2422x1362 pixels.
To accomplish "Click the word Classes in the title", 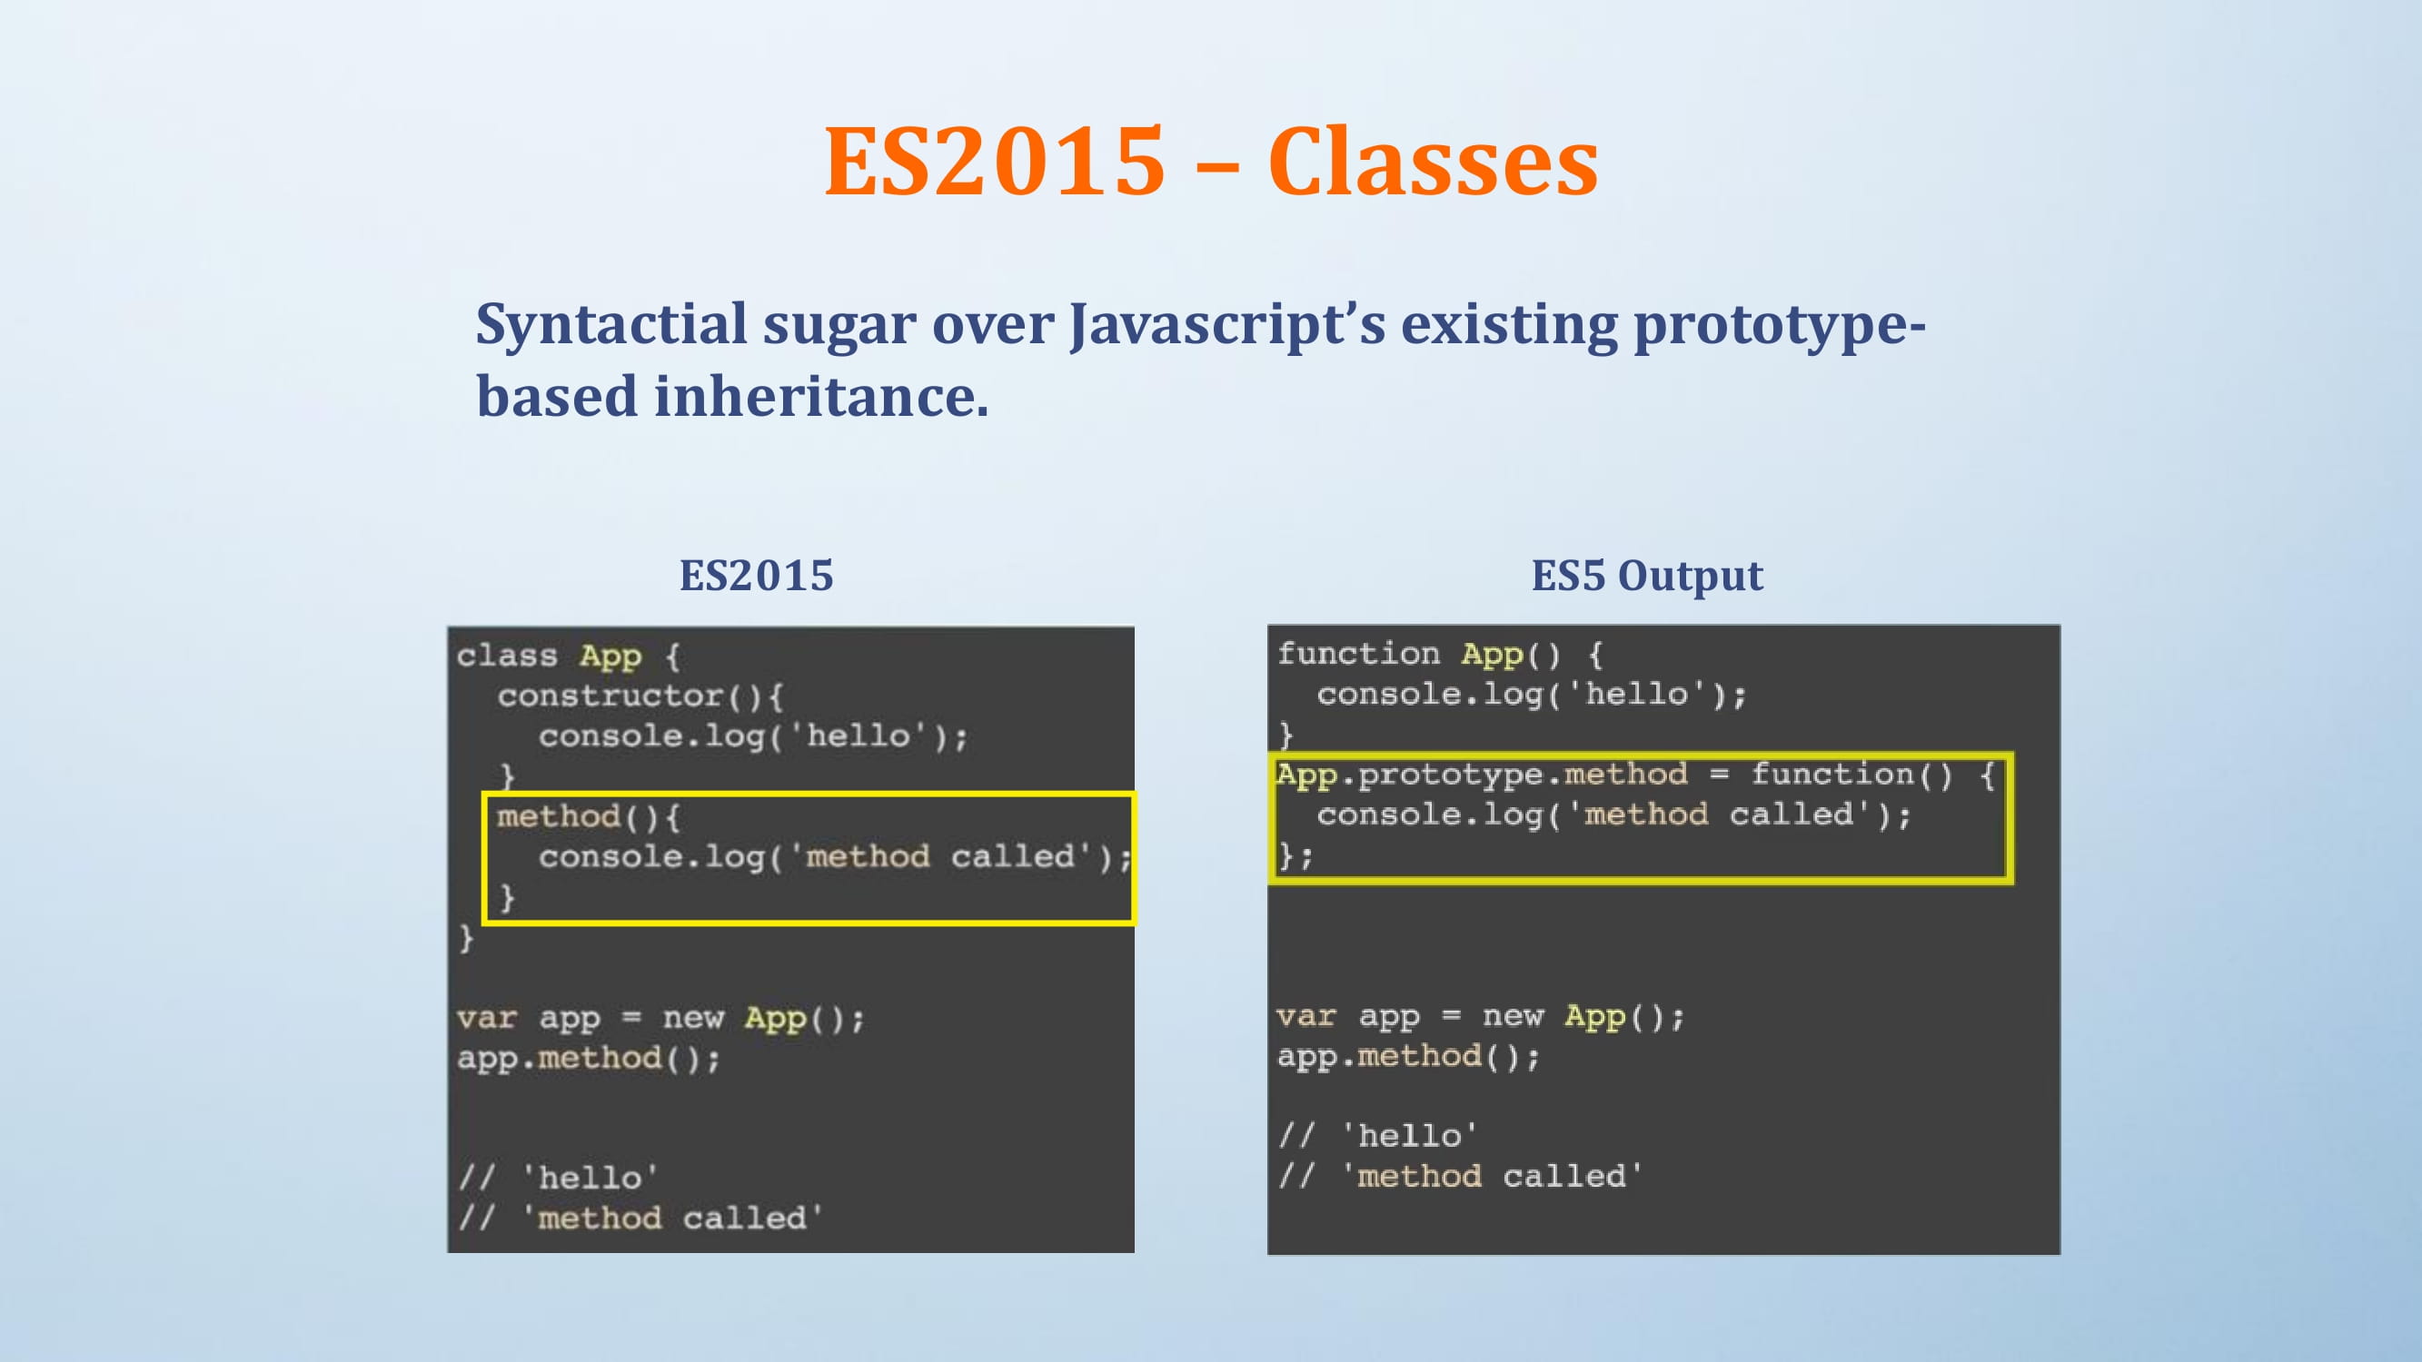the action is coord(1433,162).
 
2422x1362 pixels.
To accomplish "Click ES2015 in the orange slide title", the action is coord(995,162).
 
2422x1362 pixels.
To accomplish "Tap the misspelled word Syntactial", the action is coord(611,326).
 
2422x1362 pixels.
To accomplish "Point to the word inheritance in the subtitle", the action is coord(821,396).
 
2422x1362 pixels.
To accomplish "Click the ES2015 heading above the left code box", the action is coord(757,576).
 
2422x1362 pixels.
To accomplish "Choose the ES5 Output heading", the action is coord(1647,577).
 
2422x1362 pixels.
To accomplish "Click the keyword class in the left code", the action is coord(507,656).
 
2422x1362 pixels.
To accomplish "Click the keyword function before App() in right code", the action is coord(1358,653).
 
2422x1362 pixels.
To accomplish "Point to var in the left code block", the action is coord(487,1018).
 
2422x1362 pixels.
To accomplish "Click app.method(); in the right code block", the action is coord(1408,1058).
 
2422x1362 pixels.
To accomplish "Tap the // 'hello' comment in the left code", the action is coord(558,1178).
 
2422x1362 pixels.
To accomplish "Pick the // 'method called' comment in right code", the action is coord(1459,1176).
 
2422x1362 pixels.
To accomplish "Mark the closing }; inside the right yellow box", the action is coord(1295,856).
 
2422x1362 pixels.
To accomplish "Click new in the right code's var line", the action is coord(1513,1017).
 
